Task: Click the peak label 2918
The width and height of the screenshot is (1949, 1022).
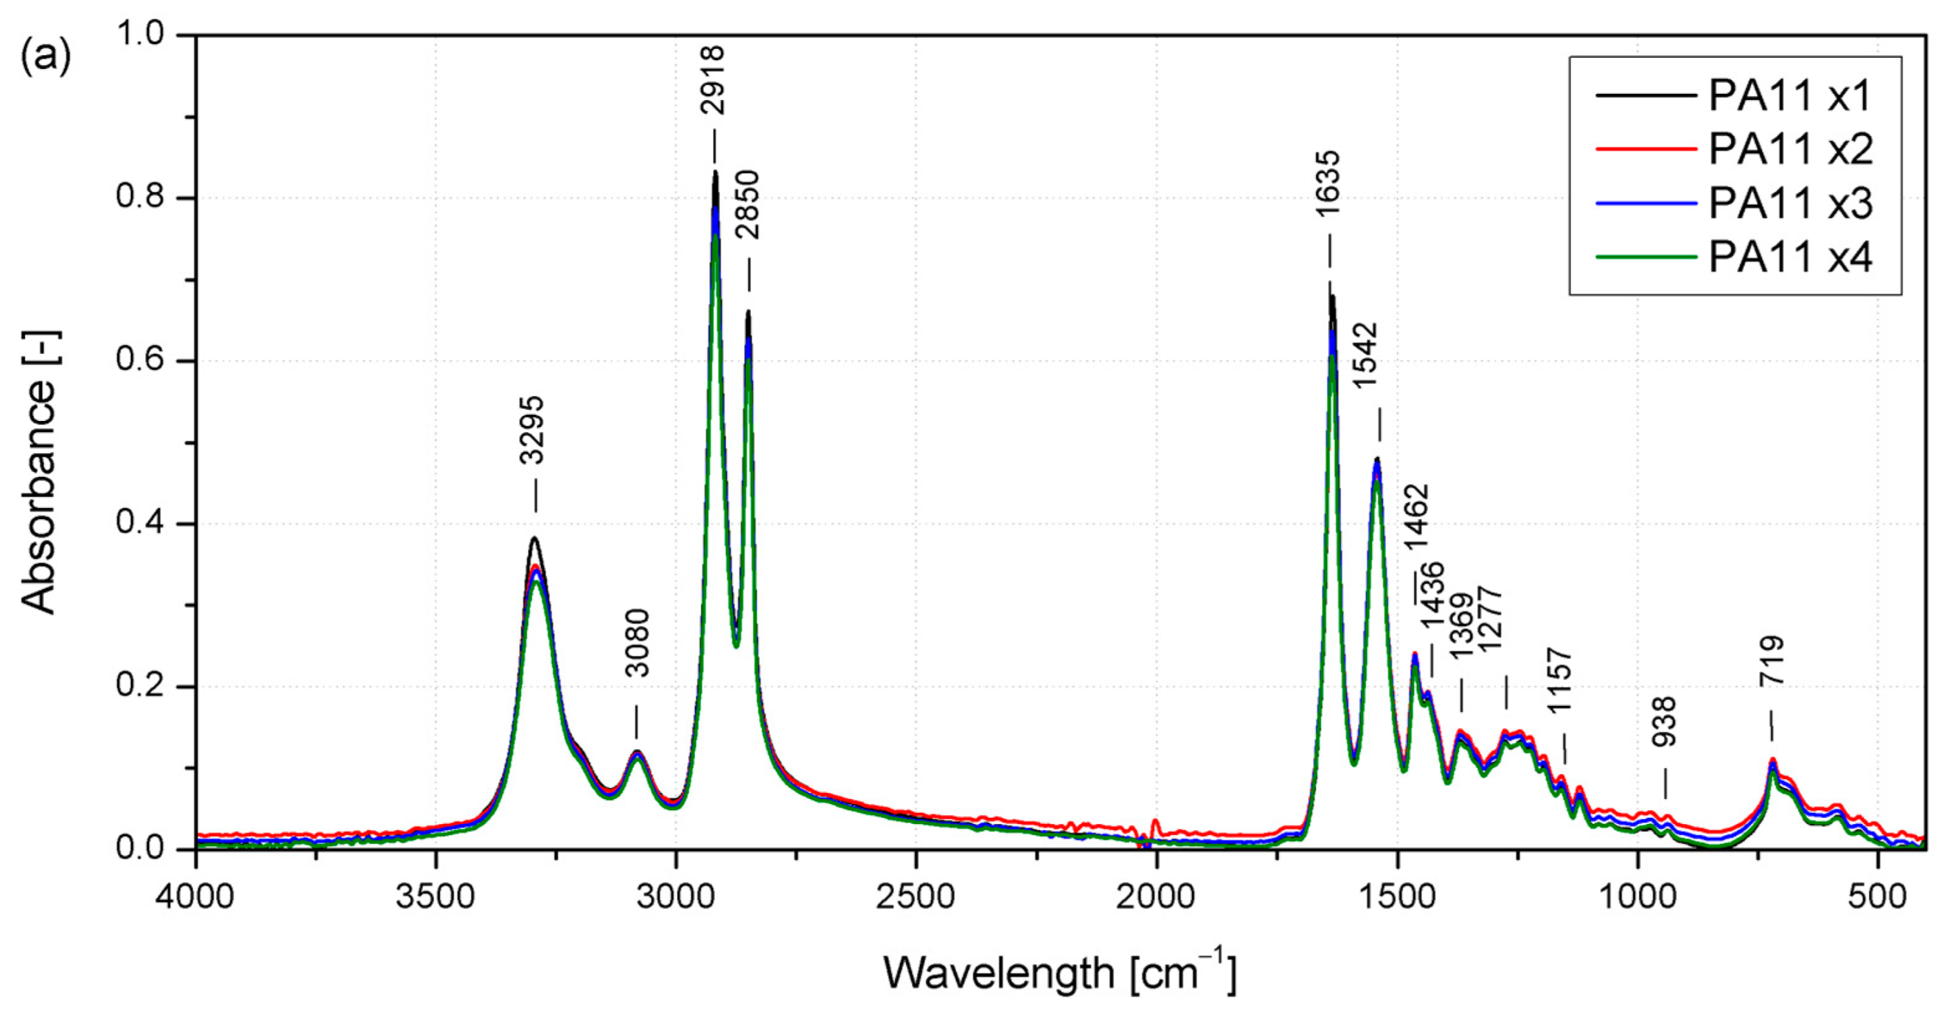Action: coord(713,79)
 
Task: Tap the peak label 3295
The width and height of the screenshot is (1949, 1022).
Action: coord(532,430)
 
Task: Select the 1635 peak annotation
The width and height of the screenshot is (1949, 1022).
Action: coord(1328,184)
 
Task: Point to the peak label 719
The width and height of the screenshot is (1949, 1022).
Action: coord(1772,661)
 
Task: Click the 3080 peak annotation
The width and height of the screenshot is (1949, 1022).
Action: coord(638,643)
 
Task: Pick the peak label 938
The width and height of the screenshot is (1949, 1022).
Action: coord(1664,722)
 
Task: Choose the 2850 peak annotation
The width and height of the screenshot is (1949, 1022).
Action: coord(747,204)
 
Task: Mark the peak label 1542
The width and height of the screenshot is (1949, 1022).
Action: coord(1367,355)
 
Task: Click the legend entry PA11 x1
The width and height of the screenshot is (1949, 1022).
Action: coord(1790,96)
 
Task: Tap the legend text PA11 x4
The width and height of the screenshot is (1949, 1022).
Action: coord(1790,258)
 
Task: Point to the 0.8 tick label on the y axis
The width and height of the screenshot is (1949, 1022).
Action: coord(140,197)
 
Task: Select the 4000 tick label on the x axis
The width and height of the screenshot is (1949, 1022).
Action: coord(196,897)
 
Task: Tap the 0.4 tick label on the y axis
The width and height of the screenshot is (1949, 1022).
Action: coord(140,524)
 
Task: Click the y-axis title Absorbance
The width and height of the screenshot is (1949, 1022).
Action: coord(39,473)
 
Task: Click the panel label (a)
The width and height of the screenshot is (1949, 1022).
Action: coord(46,57)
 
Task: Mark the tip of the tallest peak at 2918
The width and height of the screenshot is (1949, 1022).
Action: coord(715,173)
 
